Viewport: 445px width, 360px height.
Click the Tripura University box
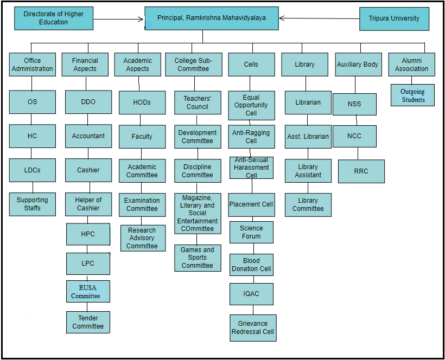click(x=394, y=19)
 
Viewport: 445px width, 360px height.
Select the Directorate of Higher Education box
click(x=54, y=18)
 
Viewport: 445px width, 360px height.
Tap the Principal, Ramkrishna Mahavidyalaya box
click(x=212, y=18)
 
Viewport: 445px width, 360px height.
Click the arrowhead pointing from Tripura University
click(x=282, y=18)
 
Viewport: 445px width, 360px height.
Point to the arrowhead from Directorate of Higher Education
click(x=141, y=20)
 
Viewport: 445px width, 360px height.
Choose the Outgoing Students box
click(x=412, y=95)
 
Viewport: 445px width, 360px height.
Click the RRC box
click(x=361, y=171)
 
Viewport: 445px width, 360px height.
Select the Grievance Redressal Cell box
click(x=253, y=327)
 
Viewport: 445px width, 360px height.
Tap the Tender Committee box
click(x=88, y=322)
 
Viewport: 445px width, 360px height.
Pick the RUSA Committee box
click(x=88, y=291)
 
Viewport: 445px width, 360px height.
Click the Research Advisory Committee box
click(x=143, y=238)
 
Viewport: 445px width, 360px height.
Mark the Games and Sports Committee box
click(x=198, y=258)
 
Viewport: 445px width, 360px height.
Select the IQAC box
click(x=251, y=294)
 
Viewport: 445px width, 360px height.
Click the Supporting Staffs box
click(x=33, y=204)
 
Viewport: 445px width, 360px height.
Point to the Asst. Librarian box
click(x=308, y=137)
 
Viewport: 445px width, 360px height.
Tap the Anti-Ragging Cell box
click(x=251, y=137)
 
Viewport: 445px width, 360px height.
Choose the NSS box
click(x=354, y=104)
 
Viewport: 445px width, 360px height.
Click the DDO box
click(x=88, y=102)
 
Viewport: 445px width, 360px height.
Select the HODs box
click(x=142, y=102)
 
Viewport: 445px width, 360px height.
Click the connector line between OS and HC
click(x=31, y=119)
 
